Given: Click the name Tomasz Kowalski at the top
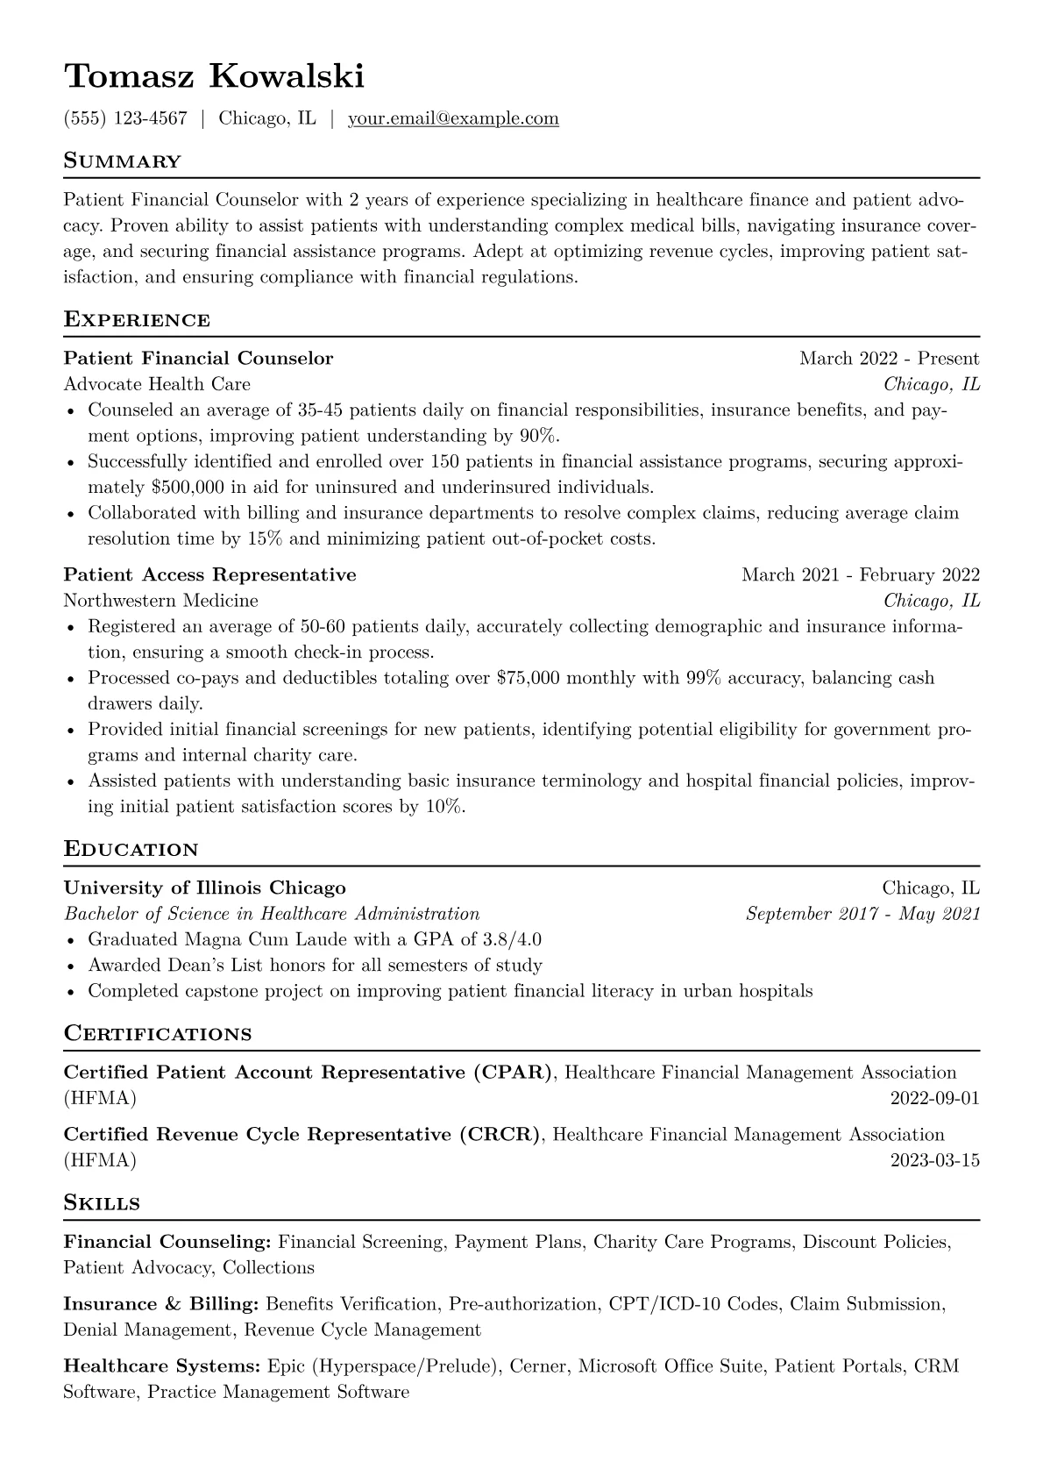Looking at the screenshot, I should tap(214, 77).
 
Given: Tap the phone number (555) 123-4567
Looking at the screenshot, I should tap(125, 118).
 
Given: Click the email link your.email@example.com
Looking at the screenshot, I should tap(453, 118).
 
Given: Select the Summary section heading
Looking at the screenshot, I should tap(122, 161).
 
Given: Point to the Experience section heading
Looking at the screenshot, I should tap(137, 319).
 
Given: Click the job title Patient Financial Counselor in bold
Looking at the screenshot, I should tap(198, 358).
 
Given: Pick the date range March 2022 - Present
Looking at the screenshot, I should tap(889, 358).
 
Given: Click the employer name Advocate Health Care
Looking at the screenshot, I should tap(157, 384).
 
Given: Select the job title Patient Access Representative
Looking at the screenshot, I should tap(209, 574).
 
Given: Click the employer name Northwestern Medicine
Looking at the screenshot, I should tap(160, 601).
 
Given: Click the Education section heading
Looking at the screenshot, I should tap(131, 849).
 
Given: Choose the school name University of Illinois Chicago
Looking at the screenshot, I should tap(204, 888).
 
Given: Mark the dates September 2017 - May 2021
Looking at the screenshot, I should tap(862, 914).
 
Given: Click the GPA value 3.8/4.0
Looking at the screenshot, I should tap(512, 939).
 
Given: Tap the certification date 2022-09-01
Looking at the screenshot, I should tap(934, 1098).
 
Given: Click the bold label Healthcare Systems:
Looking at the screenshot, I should tap(162, 1366).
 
